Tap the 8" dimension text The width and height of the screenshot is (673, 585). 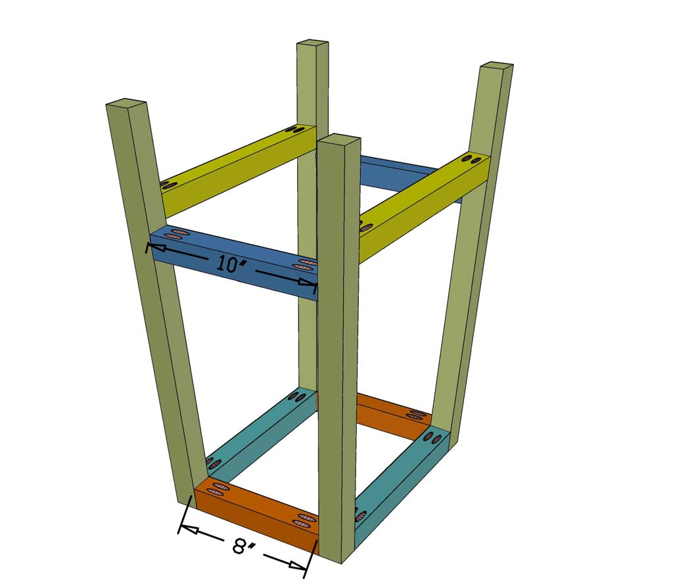point(242,546)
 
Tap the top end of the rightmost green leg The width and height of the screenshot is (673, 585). point(496,66)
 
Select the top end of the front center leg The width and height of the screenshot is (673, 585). point(338,139)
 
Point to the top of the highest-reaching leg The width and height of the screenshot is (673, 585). point(313,43)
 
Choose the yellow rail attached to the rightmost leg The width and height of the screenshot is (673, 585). point(421,204)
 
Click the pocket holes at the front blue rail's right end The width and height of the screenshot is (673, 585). point(305,265)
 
